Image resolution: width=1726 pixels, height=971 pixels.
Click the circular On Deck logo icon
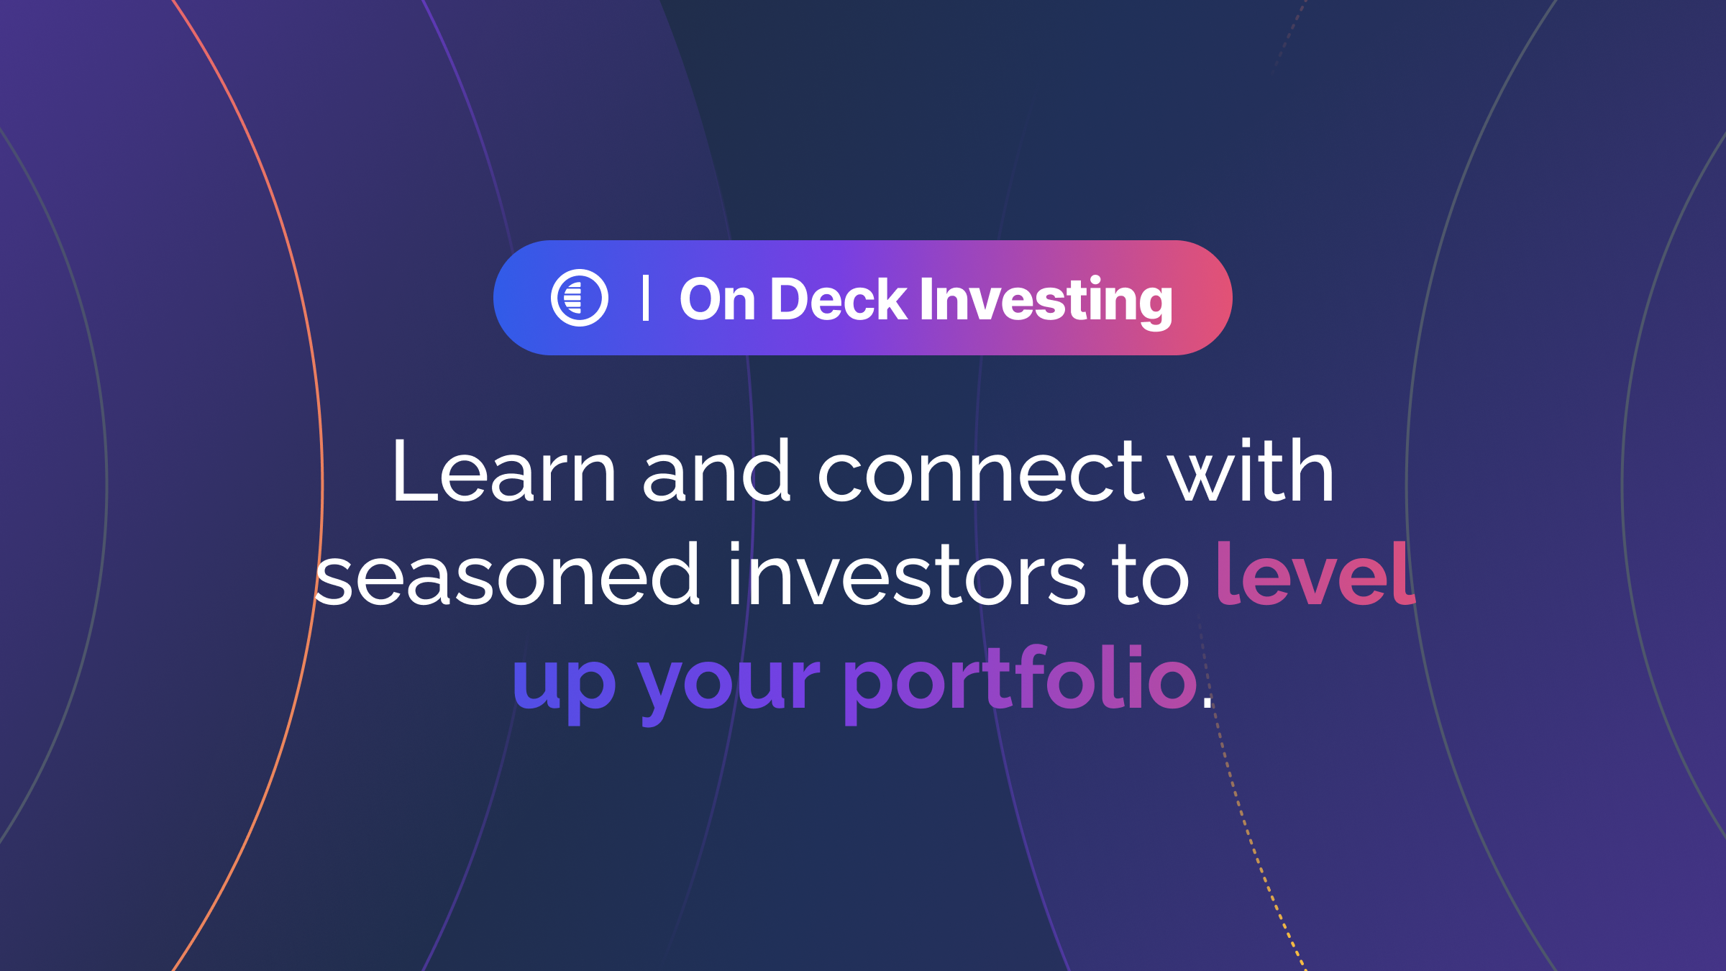(x=580, y=298)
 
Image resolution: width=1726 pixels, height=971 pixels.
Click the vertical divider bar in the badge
(x=645, y=298)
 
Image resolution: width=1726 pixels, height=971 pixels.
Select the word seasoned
(x=508, y=573)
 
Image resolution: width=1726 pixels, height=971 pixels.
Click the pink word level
(x=1315, y=573)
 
